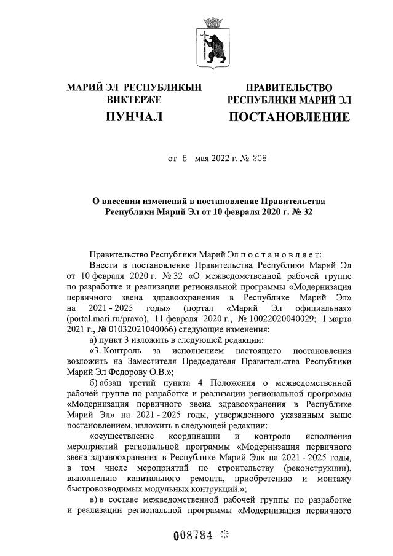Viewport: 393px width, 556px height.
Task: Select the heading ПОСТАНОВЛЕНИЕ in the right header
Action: (x=289, y=116)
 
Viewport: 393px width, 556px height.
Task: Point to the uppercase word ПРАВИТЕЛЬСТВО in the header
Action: (x=289, y=88)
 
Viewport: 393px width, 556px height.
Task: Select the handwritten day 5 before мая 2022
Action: (x=184, y=158)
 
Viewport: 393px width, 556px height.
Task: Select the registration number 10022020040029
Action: (x=282, y=320)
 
